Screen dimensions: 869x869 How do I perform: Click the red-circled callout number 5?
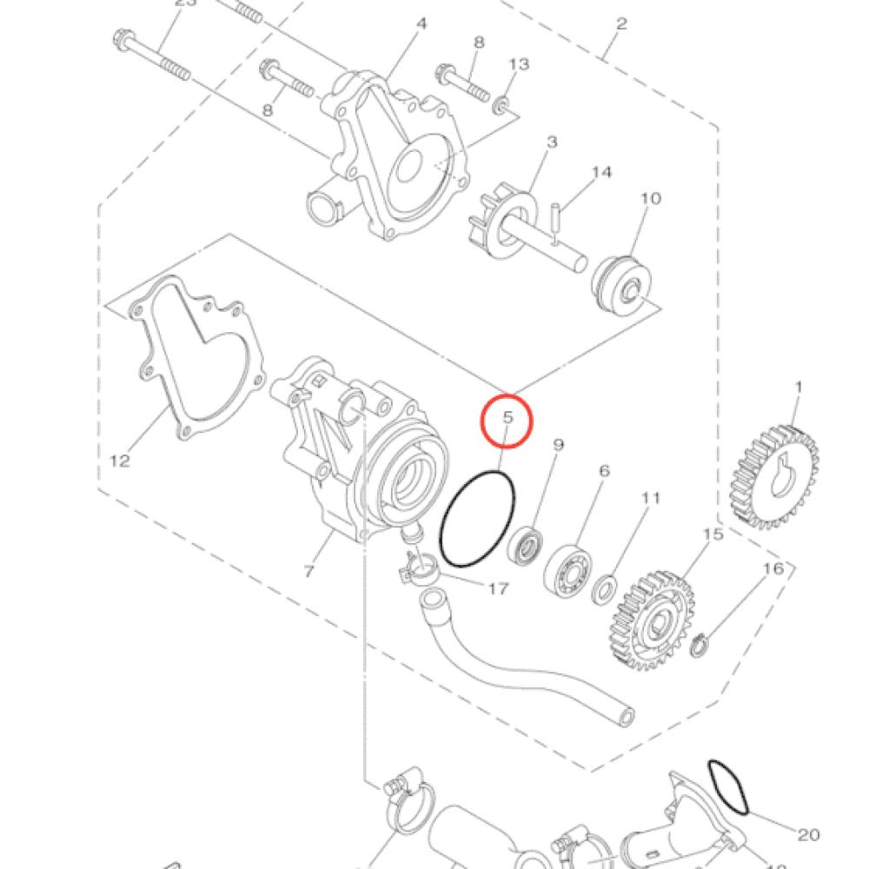pyautogui.click(x=507, y=418)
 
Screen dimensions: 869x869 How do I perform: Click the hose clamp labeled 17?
pyautogui.click(x=417, y=569)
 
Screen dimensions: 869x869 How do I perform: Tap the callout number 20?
pyautogui.click(x=808, y=834)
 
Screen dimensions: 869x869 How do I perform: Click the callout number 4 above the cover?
pyautogui.click(x=421, y=23)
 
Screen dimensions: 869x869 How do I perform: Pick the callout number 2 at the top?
pyautogui.click(x=620, y=23)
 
